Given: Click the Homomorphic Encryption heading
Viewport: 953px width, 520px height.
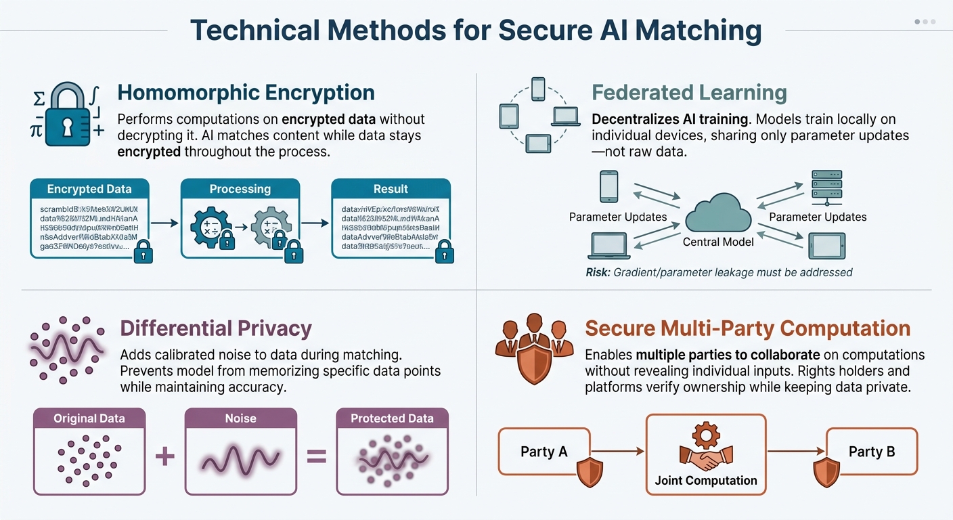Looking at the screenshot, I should pos(246,93).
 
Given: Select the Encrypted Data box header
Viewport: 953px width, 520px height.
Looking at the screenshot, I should pos(89,189).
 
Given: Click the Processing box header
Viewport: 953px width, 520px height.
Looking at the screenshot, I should pos(240,189).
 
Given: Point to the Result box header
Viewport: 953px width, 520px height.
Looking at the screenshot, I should pos(391,189).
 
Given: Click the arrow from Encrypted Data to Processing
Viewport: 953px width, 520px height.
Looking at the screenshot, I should pos(164,221).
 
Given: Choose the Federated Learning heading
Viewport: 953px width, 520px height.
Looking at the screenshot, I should pos(689,93).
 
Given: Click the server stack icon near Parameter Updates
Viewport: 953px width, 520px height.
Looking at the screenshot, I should pos(826,188).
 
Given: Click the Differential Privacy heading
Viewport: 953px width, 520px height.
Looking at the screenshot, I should pos(216,329).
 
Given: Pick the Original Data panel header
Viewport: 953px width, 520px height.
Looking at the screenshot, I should pos(89,418).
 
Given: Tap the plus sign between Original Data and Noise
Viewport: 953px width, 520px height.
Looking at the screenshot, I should pos(165,456).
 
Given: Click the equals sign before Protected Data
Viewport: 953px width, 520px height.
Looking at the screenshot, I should pos(316,456).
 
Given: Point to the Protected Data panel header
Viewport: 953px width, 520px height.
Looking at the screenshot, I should pos(392,418).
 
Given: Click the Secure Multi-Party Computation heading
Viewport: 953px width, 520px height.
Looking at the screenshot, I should pos(747,329).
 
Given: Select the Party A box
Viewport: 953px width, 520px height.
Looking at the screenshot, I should pos(544,452).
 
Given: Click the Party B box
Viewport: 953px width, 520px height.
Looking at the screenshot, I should pos(872,452).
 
